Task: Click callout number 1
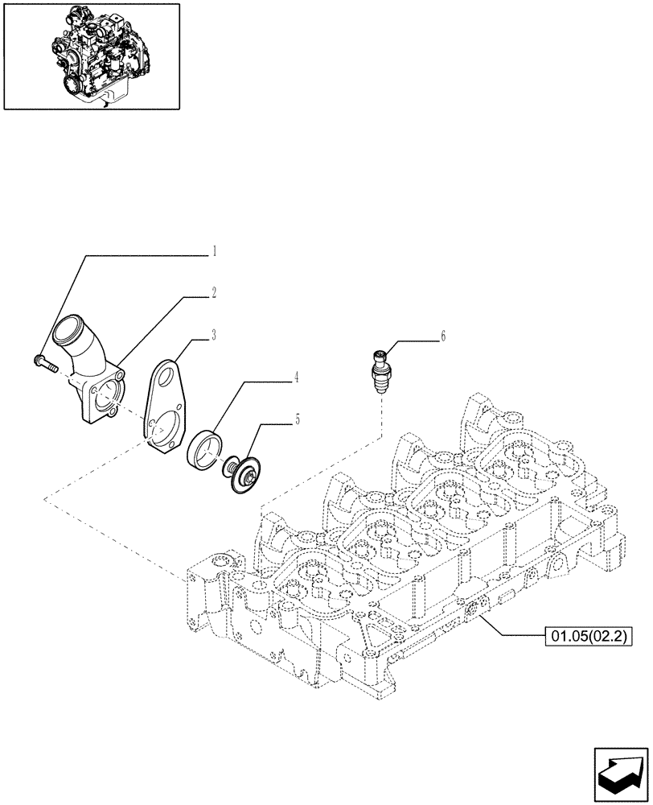point(214,251)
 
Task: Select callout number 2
point(214,294)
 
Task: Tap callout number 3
point(214,334)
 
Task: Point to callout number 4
point(297,377)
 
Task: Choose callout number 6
point(441,336)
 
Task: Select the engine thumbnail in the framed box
point(92,56)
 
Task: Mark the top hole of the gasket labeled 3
point(166,371)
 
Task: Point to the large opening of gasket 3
point(165,431)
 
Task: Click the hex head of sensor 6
point(380,355)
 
